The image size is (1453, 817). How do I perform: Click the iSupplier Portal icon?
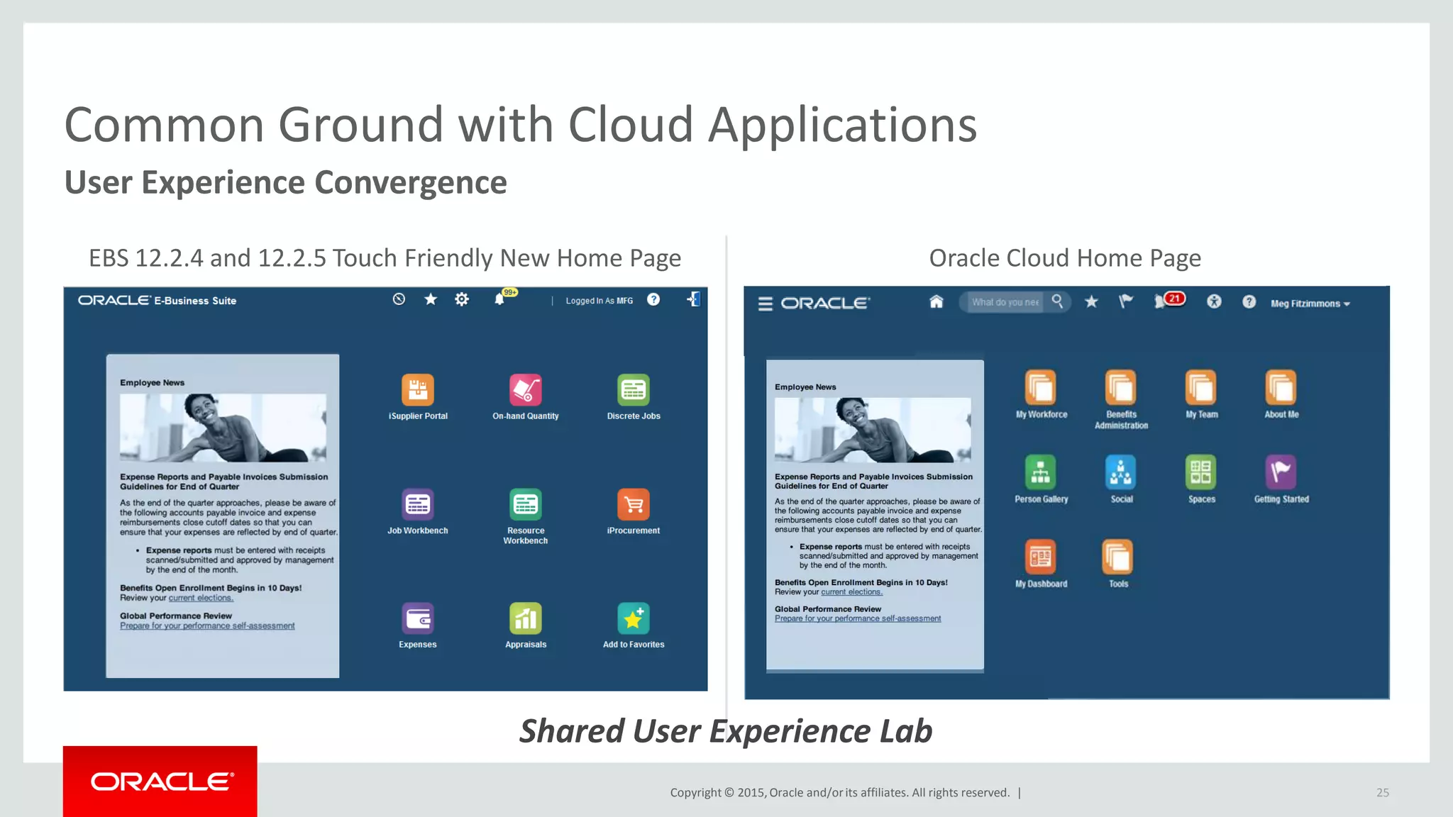tap(418, 389)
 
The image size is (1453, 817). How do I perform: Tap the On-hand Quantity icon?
tap(526, 389)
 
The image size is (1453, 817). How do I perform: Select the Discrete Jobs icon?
tap(634, 389)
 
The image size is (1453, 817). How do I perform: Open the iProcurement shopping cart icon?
tap(634, 504)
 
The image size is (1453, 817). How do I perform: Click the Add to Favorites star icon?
tap(634, 618)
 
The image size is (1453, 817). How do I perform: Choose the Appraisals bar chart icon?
tap(526, 618)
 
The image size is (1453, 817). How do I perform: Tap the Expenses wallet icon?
tap(418, 618)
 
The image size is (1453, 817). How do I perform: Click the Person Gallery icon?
tap(1041, 472)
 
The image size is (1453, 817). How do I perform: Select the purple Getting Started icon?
tap(1281, 472)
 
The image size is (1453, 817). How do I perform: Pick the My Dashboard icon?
tap(1041, 557)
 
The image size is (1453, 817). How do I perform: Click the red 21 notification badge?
tap(1175, 299)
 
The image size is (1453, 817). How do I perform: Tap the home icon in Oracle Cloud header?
tap(937, 302)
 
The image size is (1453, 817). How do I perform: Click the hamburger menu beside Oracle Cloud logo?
tap(765, 304)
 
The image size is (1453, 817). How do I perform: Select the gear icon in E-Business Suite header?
tap(462, 299)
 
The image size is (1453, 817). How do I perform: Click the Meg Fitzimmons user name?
tap(1305, 304)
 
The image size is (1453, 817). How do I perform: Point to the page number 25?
tap(1383, 792)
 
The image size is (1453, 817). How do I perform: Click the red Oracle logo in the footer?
tap(160, 782)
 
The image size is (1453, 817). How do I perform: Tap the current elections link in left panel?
tap(201, 598)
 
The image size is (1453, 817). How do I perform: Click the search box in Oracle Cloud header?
tap(1005, 302)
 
